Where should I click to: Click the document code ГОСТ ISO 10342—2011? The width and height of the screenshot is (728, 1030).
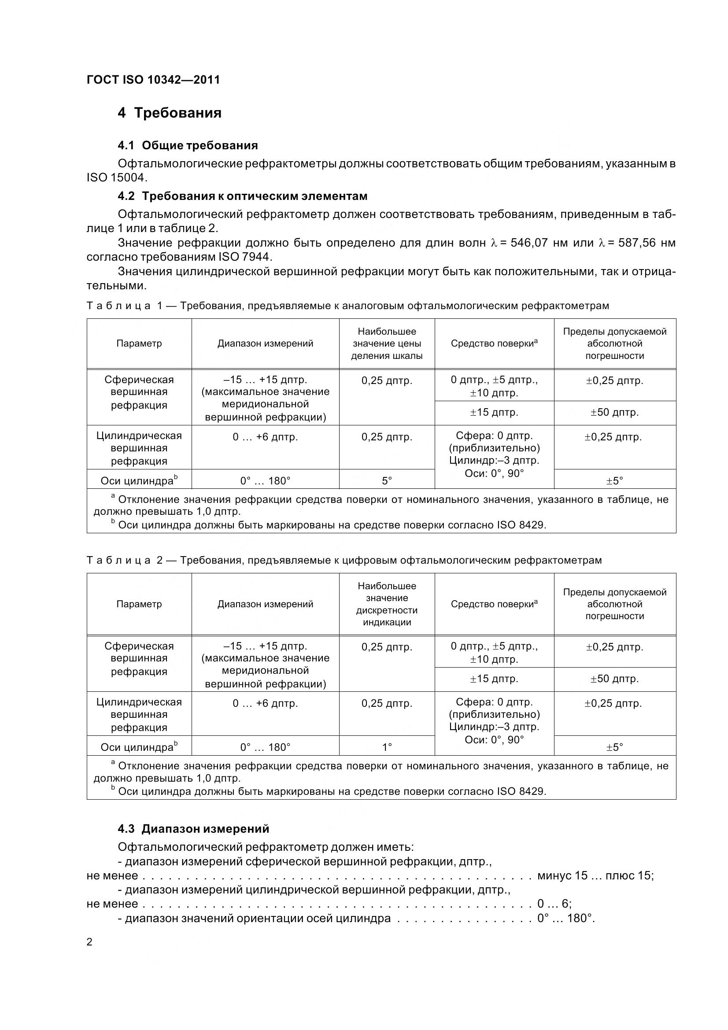tap(153, 80)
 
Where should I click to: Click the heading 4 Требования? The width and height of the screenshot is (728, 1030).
tap(170, 113)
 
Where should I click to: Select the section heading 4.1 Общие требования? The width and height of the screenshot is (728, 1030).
tap(188, 145)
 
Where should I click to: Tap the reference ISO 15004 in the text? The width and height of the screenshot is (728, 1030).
tap(116, 177)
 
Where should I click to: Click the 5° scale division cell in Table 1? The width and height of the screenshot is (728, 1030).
tap(387, 481)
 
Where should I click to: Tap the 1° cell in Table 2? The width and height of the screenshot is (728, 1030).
tap(387, 747)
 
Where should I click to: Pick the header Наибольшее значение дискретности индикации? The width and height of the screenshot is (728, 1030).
tap(387, 604)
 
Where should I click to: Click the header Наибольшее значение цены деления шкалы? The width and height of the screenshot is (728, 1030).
tap(387, 343)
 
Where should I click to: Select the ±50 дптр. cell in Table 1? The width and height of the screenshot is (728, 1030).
tap(614, 412)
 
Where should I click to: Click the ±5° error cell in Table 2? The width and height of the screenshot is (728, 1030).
tap(614, 747)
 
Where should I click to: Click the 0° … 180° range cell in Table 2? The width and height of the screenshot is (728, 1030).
tap(265, 747)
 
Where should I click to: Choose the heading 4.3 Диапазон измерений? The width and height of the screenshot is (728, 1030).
tap(193, 829)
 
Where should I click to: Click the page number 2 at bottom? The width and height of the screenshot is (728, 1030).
tap(89, 942)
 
